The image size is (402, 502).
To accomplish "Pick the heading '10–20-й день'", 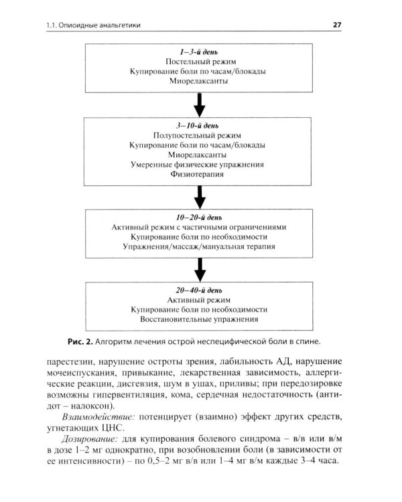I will click(x=199, y=218).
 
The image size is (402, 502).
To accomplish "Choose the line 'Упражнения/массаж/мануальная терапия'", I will click(x=199, y=247).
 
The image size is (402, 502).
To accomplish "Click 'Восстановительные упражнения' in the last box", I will click(x=199, y=320).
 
